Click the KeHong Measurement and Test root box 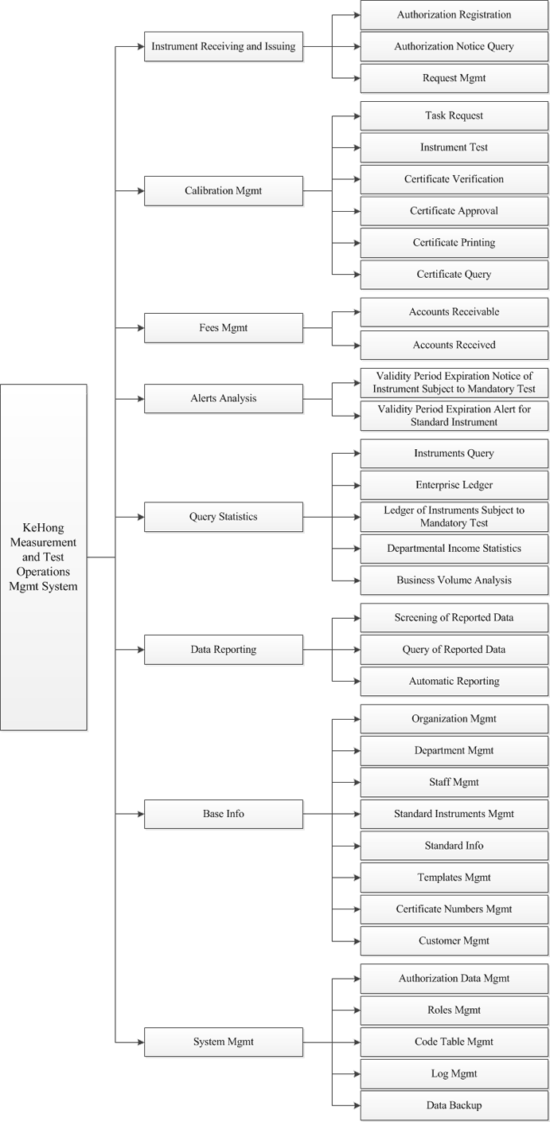point(44,557)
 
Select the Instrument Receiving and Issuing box point(224,46)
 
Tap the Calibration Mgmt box point(224,191)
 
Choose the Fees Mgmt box point(224,328)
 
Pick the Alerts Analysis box point(224,399)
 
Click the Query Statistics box point(224,517)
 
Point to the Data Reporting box point(224,650)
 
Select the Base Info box point(224,814)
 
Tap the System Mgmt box point(224,1042)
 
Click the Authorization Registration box point(454,15)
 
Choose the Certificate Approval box point(454,211)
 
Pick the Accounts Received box point(454,345)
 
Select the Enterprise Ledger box point(454,485)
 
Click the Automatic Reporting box point(454,681)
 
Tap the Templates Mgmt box point(454,878)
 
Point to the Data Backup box point(454,1105)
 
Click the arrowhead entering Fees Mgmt point(141,328)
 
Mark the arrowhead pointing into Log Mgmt point(357,1074)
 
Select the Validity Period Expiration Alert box point(454,416)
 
